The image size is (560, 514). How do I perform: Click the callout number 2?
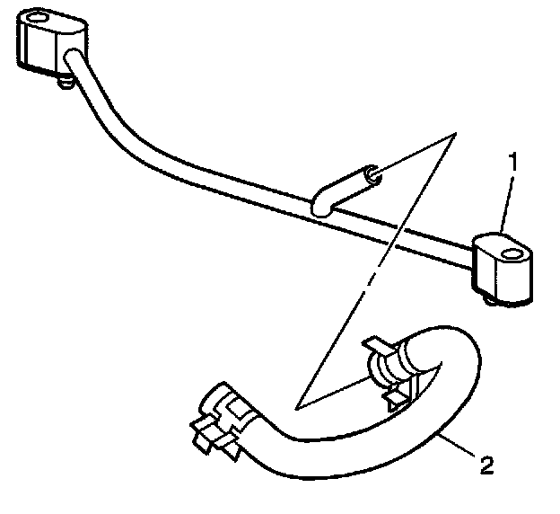point(486,466)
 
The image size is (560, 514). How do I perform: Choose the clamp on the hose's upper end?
point(384,368)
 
